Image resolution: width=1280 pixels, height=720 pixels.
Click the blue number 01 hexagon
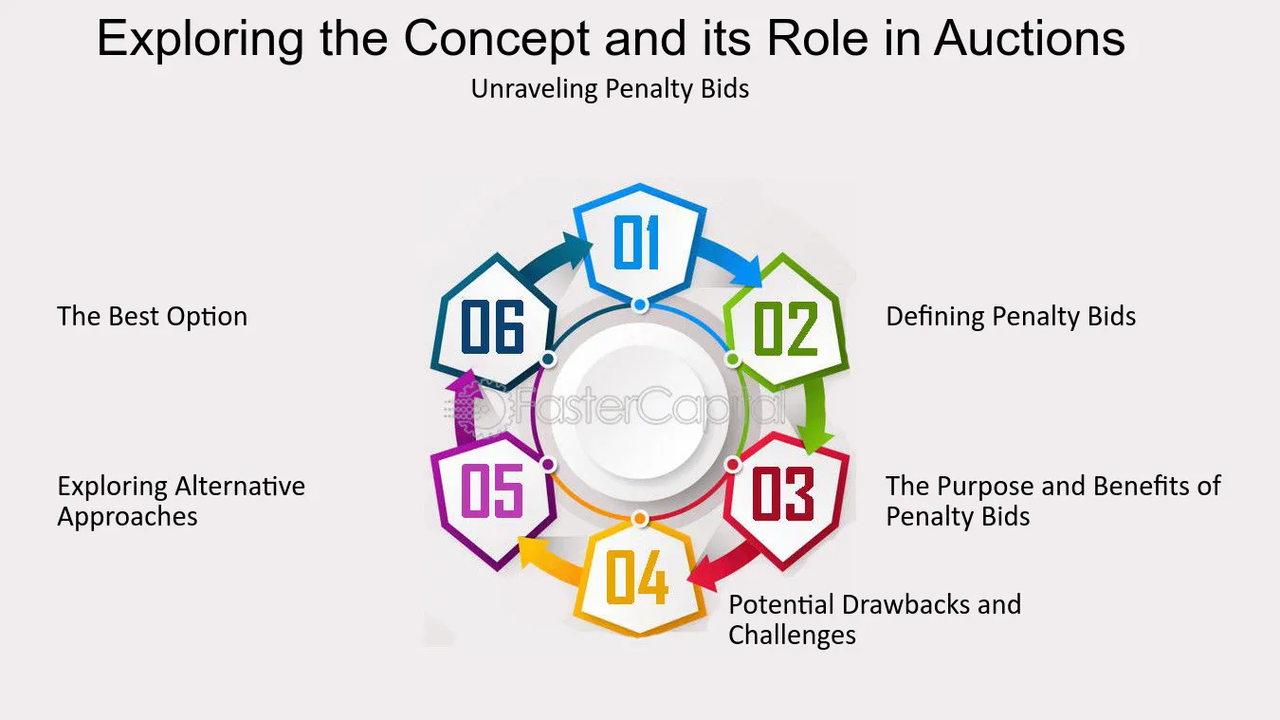pos(639,243)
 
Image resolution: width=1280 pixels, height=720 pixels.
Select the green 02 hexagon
pos(786,323)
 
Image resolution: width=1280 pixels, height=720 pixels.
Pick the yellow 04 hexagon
pos(639,578)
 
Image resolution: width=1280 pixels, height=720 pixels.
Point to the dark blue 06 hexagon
pos(494,323)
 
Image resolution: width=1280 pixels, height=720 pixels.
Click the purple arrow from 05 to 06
pos(466,407)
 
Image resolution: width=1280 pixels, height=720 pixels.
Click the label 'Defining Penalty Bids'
pos(1011,316)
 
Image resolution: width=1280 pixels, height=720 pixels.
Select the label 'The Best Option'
pos(152,316)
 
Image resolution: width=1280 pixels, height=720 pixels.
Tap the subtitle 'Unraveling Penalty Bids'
pos(610,89)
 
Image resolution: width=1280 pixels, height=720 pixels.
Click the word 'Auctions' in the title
pos(1029,38)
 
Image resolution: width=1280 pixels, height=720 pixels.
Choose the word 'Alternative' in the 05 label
pos(241,487)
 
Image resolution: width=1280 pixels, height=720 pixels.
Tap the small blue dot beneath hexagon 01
pos(640,305)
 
